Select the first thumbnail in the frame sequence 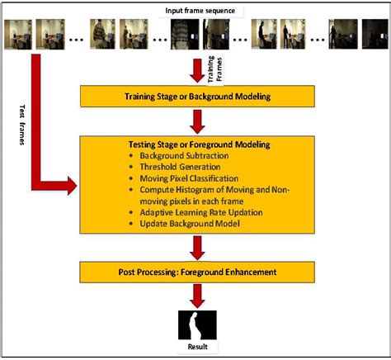(x=16, y=34)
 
